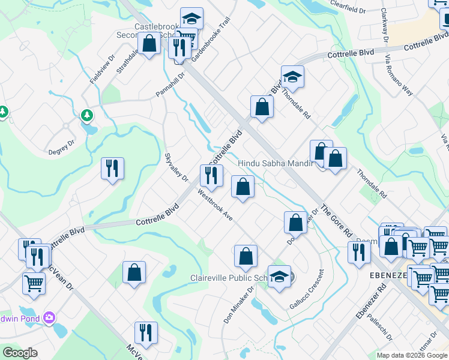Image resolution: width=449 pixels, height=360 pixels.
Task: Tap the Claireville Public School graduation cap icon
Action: click(x=279, y=277)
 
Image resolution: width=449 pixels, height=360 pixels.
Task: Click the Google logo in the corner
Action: click(x=20, y=353)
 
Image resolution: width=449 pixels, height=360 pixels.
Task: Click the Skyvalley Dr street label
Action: click(x=176, y=167)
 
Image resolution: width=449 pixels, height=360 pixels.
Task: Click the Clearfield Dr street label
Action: click(x=349, y=7)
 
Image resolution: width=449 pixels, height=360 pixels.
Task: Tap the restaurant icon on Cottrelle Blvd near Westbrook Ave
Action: click(x=211, y=175)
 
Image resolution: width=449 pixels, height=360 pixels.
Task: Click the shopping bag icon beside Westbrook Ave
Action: click(x=243, y=187)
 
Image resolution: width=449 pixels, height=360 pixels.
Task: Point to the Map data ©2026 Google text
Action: click(x=412, y=355)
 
